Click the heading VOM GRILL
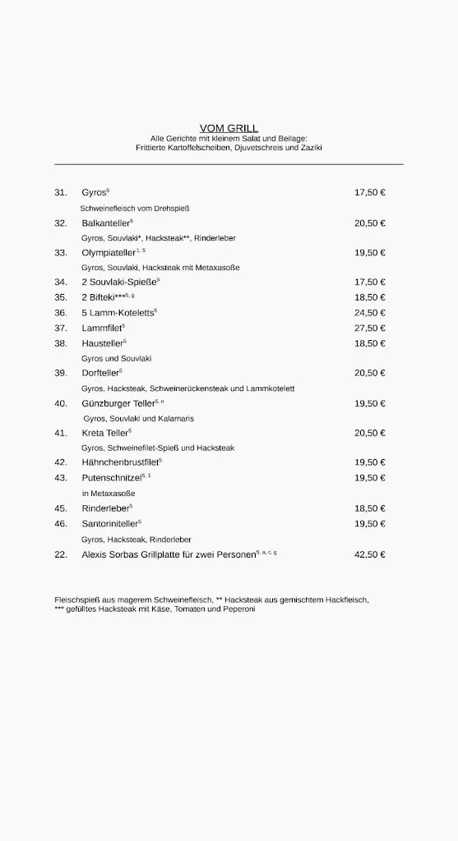click(x=229, y=128)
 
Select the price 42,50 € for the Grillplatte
click(x=369, y=554)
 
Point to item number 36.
click(x=61, y=313)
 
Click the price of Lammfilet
click(x=369, y=328)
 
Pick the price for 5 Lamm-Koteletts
click(x=369, y=313)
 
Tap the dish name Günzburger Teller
click(x=118, y=403)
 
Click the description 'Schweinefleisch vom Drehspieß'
click(x=135, y=208)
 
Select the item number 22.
click(x=61, y=554)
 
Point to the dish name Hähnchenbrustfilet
click(x=119, y=462)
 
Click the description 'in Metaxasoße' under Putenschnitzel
click(x=108, y=494)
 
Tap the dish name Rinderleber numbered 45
click(x=105, y=508)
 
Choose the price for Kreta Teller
click(x=369, y=433)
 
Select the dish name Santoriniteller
click(x=109, y=523)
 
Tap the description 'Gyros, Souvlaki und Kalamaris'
click(x=138, y=419)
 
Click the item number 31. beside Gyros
click(x=61, y=193)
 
